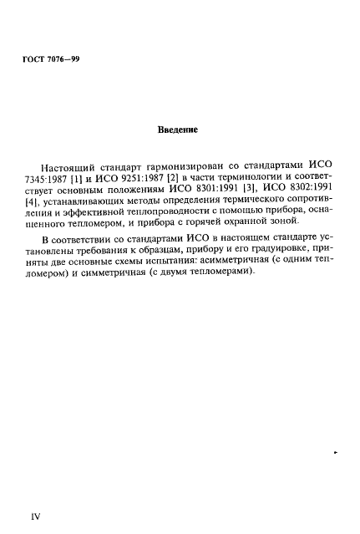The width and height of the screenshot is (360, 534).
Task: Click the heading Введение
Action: click(178, 130)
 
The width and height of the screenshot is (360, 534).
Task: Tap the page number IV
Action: click(36, 516)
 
